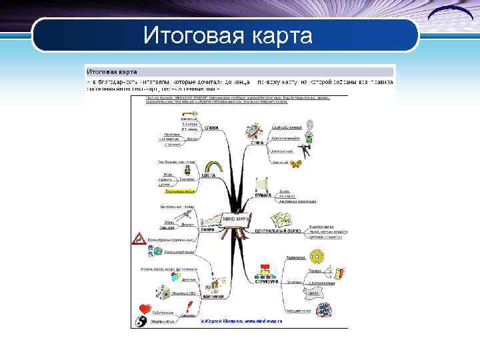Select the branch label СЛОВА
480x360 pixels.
coord(212,128)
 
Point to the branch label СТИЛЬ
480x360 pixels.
coord(257,141)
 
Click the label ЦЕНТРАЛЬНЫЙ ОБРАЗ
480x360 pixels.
coord(279,231)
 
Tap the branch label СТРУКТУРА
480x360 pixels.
coord(264,281)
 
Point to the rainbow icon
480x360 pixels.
coord(213,165)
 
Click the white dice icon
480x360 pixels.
coord(160,291)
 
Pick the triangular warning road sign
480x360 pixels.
coord(139,237)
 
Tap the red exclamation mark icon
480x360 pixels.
coord(190,307)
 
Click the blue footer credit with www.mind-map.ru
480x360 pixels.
coord(241,321)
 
